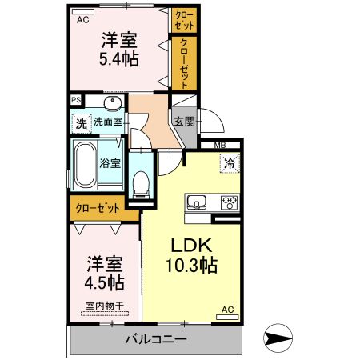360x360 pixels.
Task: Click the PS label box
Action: pyautogui.click(x=76, y=100)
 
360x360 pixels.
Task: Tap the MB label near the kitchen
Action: pyautogui.click(x=220, y=146)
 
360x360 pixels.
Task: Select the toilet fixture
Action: pyautogui.click(x=140, y=184)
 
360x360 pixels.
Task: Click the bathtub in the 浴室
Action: pyautogui.click(x=85, y=165)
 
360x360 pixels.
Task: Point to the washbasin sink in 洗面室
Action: pyautogui.click(x=113, y=103)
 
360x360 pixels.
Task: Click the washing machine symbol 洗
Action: pyautogui.click(x=82, y=123)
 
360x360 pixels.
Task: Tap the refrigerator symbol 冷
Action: pyautogui.click(x=230, y=163)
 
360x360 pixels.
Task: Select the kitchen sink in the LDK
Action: pyautogui.click(x=197, y=202)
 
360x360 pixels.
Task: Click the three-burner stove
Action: pyautogui.click(x=230, y=202)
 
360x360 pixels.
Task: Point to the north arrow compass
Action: pyautogui.click(x=278, y=338)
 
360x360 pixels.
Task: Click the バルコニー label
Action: pyautogui.click(x=156, y=339)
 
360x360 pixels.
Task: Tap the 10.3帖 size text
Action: pyautogui.click(x=191, y=266)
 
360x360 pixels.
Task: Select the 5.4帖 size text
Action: pyautogui.click(x=119, y=59)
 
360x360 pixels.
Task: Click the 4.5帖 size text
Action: pyautogui.click(x=104, y=282)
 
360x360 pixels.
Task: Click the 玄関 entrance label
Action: pyautogui.click(x=184, y=122)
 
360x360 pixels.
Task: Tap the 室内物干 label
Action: pyautogui.click(x=105, y=306)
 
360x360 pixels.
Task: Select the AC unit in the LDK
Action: pyautogui.click(x=227, y=317)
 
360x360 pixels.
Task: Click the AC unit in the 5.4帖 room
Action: pyautogui.click(x=83, y=11)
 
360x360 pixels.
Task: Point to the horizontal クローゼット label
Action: pyautogui.click(x=98, y=208)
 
